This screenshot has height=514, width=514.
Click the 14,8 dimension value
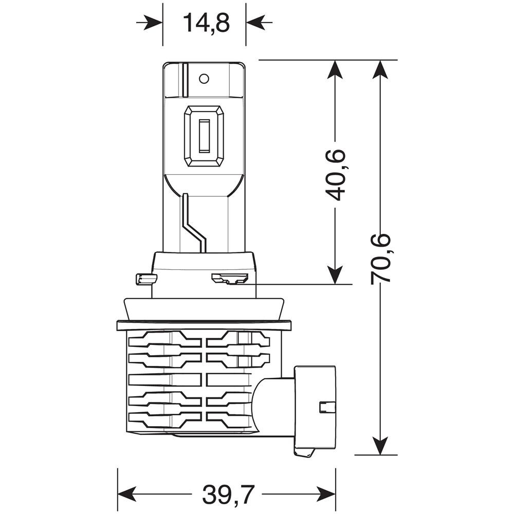click(204, 23)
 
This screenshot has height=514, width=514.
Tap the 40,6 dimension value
click(336, 175)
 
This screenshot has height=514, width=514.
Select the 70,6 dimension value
click(381, 257)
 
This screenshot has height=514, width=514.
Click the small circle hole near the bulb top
click(204, 78)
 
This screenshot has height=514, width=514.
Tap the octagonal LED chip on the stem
click(204, 136)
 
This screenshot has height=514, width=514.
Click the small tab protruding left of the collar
click(145, 279)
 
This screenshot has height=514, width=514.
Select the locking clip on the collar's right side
click(229, 279)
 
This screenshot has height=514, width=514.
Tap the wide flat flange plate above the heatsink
click(204, 325)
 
